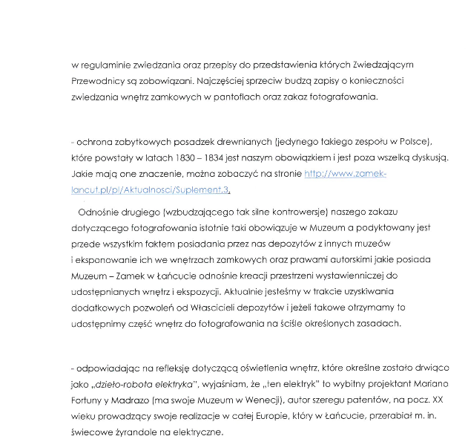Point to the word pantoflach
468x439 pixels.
coord(242,97)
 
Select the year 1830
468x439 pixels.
coord(196,157)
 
